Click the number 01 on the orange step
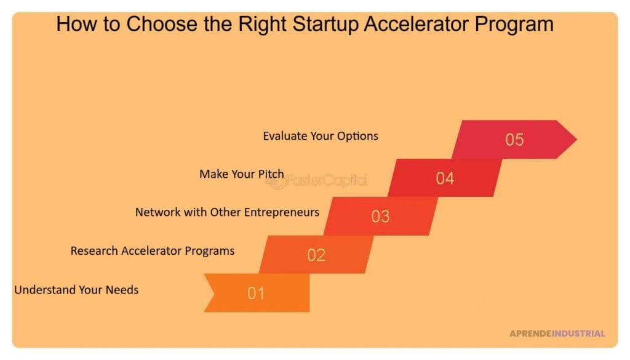256,294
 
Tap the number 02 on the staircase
316,255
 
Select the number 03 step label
380,217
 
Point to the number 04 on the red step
445,178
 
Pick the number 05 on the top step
514,140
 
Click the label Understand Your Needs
76,289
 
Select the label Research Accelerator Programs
153,250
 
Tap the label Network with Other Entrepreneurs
227,212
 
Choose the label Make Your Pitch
241,174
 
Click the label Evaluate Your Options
321,136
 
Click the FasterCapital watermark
326,180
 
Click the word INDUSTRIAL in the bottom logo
578,334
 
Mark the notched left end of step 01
210,293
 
